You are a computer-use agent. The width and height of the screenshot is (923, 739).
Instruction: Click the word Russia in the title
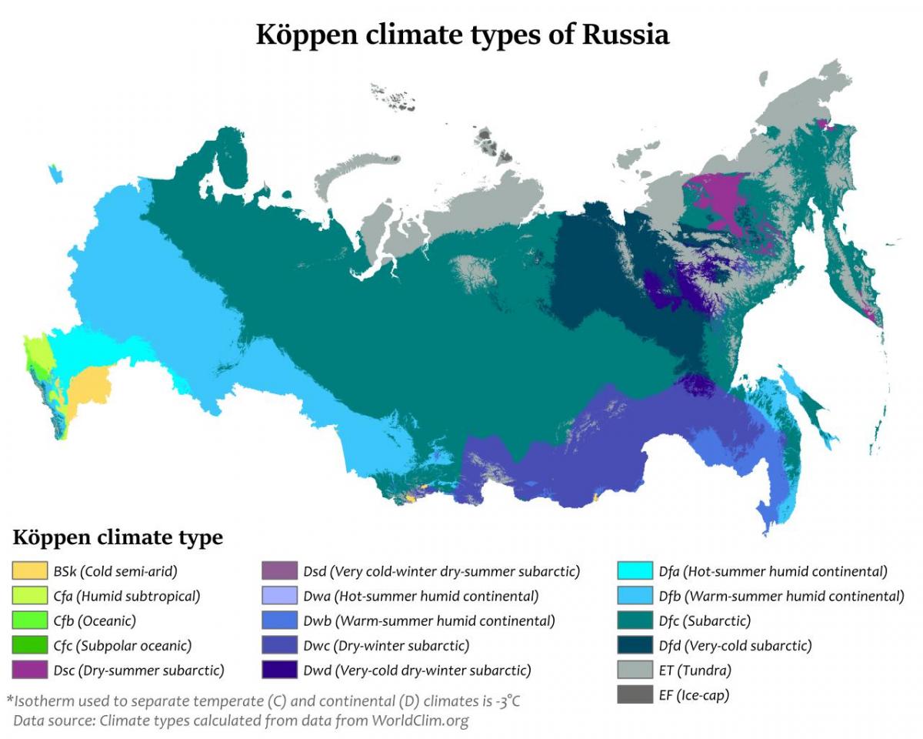pyautogui.click(x=625, y=35)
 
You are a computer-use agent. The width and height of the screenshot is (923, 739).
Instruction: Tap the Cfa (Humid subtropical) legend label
pyautogui.click(x=127, y=596)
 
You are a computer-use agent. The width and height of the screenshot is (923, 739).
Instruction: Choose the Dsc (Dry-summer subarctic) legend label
pyautogui.click(x=138, y=670)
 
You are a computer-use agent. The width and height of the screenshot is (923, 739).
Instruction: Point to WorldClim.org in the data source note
pyautogui.click(x=420, y=721)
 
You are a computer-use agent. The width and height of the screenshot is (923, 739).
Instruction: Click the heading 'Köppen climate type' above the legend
pyautogui.click(x=118, y=537)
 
